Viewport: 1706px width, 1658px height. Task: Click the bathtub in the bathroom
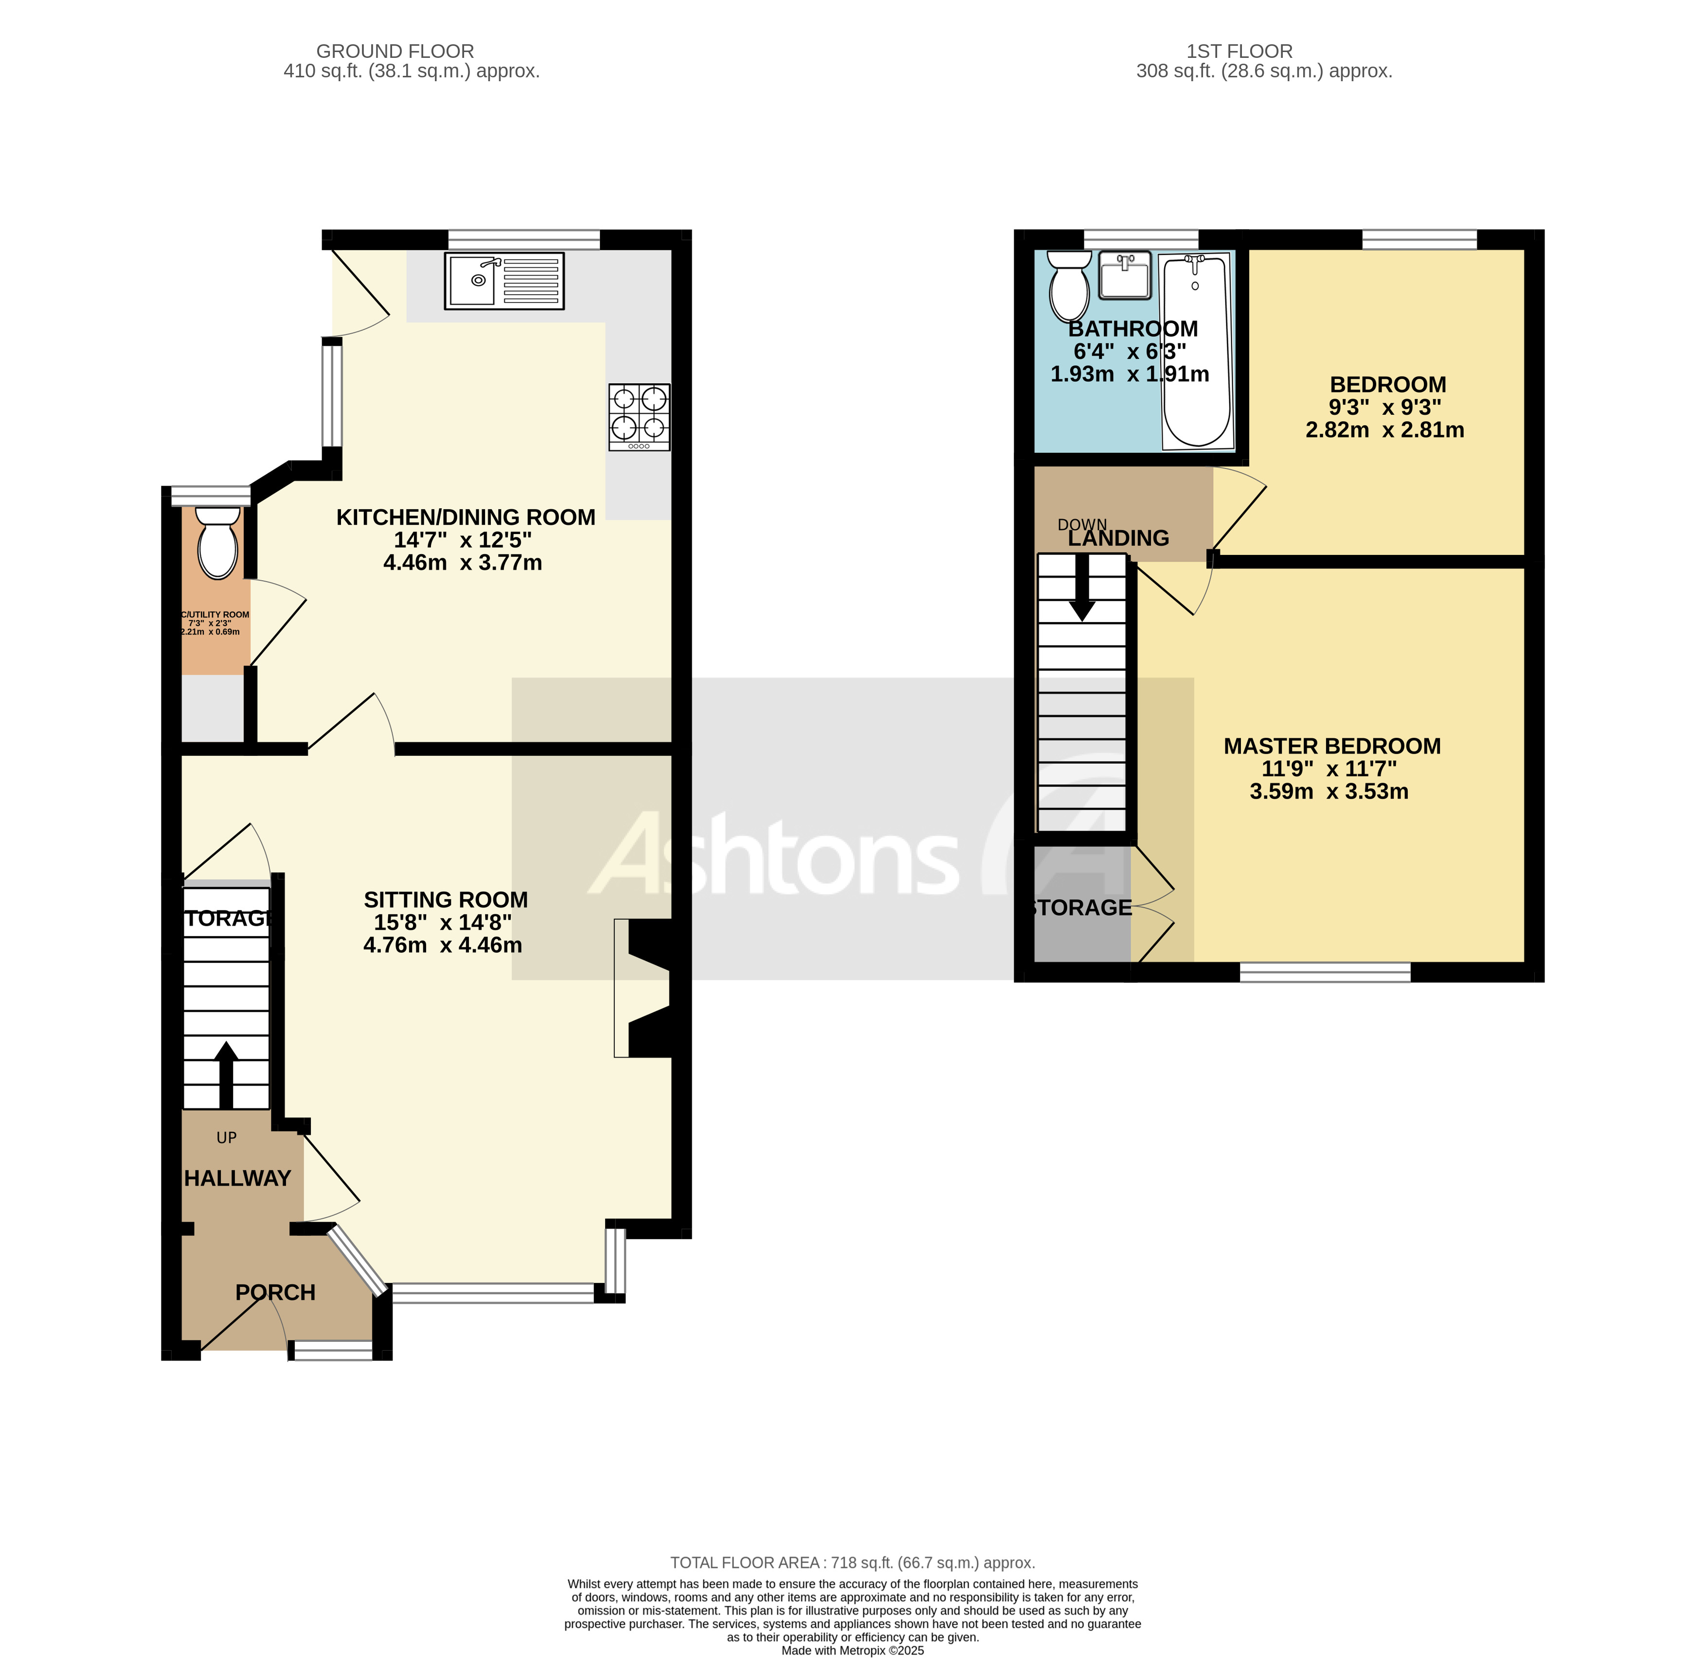pyautogui.click(x=1197, y=351)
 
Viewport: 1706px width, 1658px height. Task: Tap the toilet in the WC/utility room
pyautogui.click(x=218, y=542)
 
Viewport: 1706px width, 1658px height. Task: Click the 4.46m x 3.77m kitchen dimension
pyautogui.click(x=463, y=563)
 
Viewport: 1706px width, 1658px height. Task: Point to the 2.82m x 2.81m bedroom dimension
pyautogui.click(x=1384, y=430)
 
